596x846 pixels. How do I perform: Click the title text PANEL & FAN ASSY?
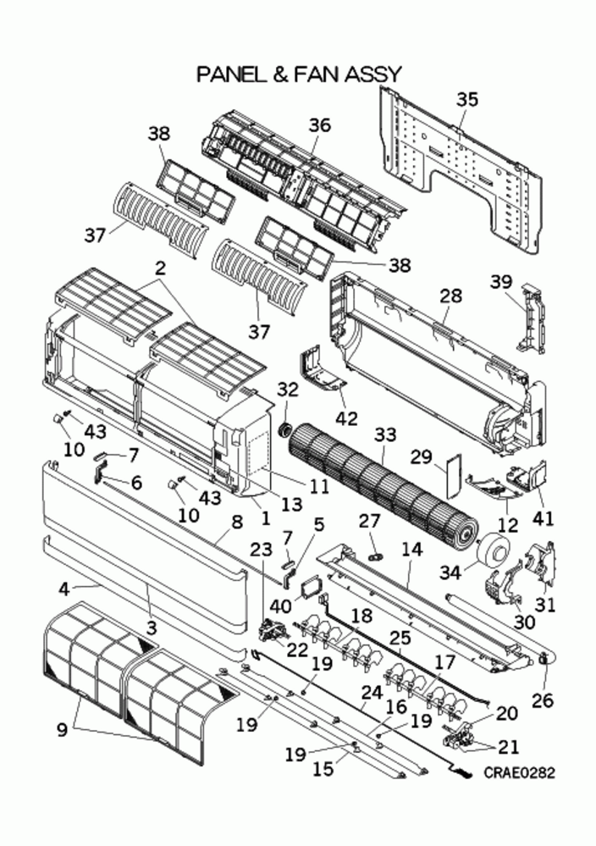(x=298, y=75)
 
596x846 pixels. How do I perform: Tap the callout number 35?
(x=466, y=100)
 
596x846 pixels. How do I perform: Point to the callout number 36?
(x=318, y=125)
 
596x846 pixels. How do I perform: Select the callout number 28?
(x=451, y=296)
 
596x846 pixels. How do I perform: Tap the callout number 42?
(x=348, y=418)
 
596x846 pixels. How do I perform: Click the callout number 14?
(x=411, y=550)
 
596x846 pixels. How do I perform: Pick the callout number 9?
(x=62, y=729)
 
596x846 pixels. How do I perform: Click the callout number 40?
(x=282, y=606)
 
